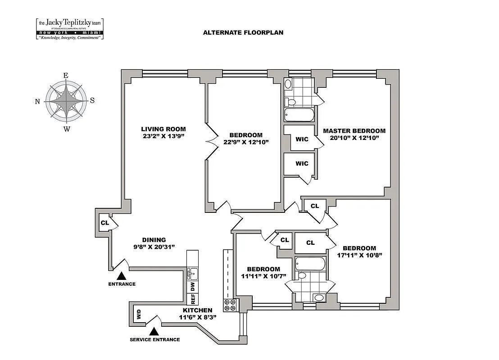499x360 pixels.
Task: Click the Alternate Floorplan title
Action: tap(243, 32)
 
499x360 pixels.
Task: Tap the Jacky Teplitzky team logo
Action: tap(70, 28)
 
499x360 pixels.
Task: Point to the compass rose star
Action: tap(67, 100)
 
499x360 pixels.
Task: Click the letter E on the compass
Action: tap(66, 76)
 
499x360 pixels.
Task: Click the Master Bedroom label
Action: tap(354, 131)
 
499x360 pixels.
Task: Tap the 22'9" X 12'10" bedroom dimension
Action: tap(245, 143)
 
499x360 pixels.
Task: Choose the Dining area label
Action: tap(154, 240)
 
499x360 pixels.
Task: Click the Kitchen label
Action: tap(197, 310)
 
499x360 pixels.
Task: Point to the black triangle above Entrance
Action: tap(121, 275)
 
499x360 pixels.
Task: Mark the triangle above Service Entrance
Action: tap(154, 331)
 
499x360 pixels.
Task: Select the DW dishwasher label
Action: tap(192, 285)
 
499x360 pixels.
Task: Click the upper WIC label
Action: tap(302, 139)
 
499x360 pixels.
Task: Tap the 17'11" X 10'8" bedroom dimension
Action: tap(359, 256)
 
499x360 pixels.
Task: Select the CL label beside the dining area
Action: tap(104, 223)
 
